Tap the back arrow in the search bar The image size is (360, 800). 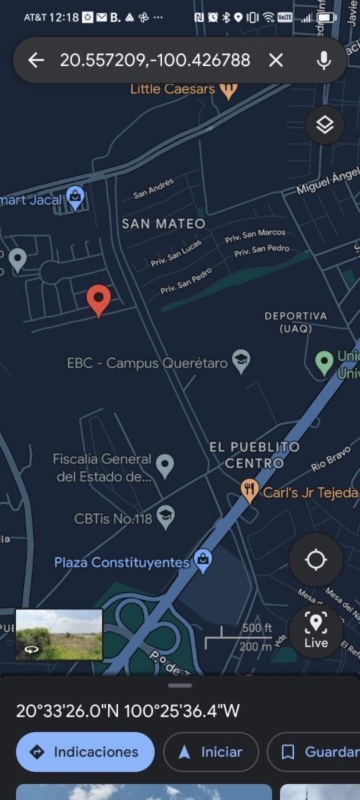click(x=36, y=60)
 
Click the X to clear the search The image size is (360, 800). click(x=275, y=60)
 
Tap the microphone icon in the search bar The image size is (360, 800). click(x=324, y=60)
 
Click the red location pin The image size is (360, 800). click(x=99, y=300)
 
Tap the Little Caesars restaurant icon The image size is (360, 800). click(x=229, y=89)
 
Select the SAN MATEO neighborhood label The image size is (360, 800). click(x=163, y=224)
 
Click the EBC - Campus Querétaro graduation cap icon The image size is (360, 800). click(x=241, y=362)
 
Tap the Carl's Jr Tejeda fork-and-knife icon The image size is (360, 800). click(x=250, y=492)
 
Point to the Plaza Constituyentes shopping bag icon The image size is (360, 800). click(x=203, y=561)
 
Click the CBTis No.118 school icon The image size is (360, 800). click(x=165, y=518)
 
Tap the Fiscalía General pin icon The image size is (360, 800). click(x=165, y=466)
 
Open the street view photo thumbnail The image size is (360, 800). click(x=59, y=634)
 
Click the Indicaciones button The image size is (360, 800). click(x=85, y=752)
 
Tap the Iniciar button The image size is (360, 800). click(x=211, y=752)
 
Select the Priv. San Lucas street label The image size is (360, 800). click(x=176, y=253)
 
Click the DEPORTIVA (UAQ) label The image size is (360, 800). click(x=296, y=321)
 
